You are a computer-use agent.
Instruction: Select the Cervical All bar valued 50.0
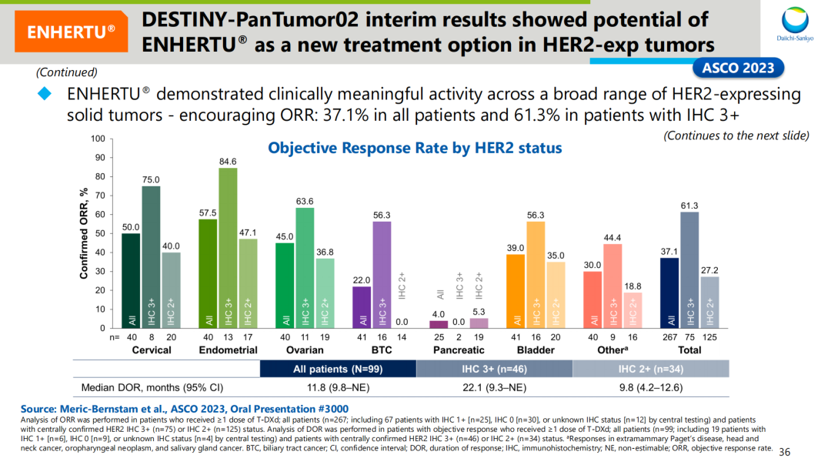[131, 280]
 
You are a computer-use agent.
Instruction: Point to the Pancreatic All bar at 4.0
[439, 324]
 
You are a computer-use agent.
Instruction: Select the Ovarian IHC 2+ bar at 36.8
[325, 293]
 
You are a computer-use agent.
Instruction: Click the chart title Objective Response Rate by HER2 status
[415, 147]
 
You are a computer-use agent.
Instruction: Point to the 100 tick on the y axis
[96, 139]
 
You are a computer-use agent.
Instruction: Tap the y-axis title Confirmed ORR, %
[84, 234]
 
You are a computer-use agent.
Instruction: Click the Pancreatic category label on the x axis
[459, 350]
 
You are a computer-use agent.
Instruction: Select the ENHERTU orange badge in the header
[71, 32]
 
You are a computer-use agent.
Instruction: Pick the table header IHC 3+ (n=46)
[494, 369]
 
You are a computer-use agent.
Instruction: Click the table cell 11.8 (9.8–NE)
[338, 387]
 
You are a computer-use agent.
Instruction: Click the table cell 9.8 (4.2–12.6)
[651, 387]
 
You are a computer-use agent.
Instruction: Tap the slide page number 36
[786, 451]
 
